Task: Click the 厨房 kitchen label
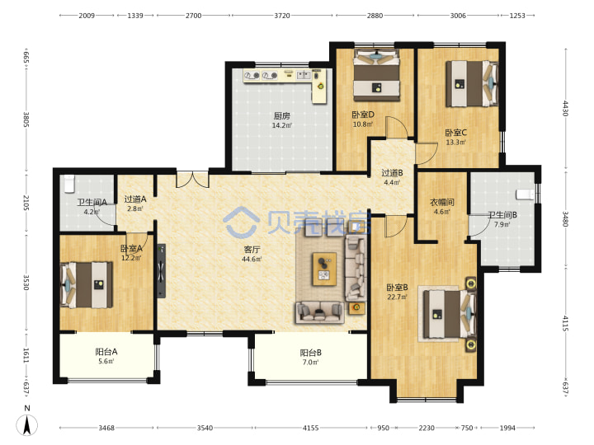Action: (282, 116)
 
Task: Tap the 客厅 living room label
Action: (252, 250)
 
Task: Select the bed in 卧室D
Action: (376, 75)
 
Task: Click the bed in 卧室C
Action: (472, 83)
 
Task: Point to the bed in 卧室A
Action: (87, 284)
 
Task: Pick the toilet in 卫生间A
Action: (69, 184)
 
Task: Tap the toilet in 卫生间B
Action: (526, 194)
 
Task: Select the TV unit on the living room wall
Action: (162, 270)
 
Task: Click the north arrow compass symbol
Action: (27, 424)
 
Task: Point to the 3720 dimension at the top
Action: (282, 16)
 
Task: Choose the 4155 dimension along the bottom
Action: (311, 428)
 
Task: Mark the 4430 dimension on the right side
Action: (566, 108)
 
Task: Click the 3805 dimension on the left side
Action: (26, 119)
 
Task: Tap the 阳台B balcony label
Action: (311, 353)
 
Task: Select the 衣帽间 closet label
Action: (441, 203)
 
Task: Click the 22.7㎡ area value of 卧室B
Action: (397, 297)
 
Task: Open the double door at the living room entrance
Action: (192, 180)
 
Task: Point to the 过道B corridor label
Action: (392, 173)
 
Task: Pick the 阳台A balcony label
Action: (106, 352)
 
